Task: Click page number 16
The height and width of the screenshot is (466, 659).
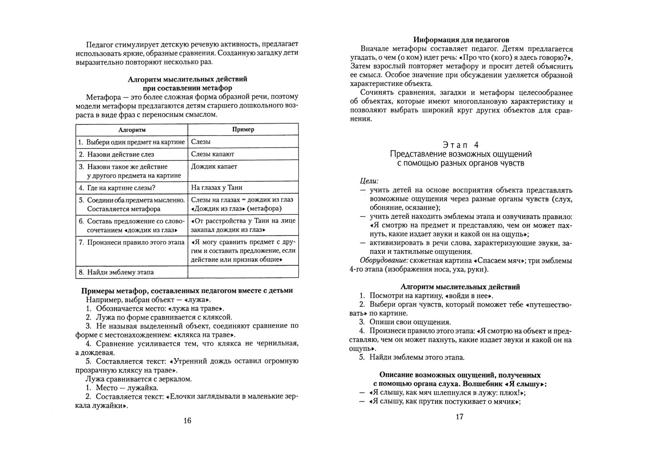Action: click(187, 421)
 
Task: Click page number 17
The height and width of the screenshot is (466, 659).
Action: click(459, 416)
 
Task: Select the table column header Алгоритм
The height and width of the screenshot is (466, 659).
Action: click(132, 130)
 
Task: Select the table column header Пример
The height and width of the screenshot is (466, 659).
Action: click(243, 129)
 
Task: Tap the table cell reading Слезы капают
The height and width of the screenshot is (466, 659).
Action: click(212, 154)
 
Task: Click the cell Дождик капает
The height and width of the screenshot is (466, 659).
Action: click(214, 166)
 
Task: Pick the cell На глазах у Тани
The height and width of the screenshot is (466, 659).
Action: click(216, 188)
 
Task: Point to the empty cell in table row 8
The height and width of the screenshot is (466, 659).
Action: click(243, 272)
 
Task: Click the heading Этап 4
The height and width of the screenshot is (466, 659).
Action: click(461, 145)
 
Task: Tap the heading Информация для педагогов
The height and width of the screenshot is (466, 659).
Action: click(461, 40)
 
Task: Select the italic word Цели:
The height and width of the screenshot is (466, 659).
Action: click(369, 181)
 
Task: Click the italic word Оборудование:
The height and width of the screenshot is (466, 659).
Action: click(384, 261)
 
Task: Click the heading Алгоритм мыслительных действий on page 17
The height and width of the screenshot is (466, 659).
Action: click(460, 287)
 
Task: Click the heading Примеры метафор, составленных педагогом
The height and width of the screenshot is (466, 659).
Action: click(187, 290)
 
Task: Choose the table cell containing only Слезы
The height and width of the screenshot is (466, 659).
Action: click(201, 142)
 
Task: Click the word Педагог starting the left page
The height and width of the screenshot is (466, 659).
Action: click(99, 44)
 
